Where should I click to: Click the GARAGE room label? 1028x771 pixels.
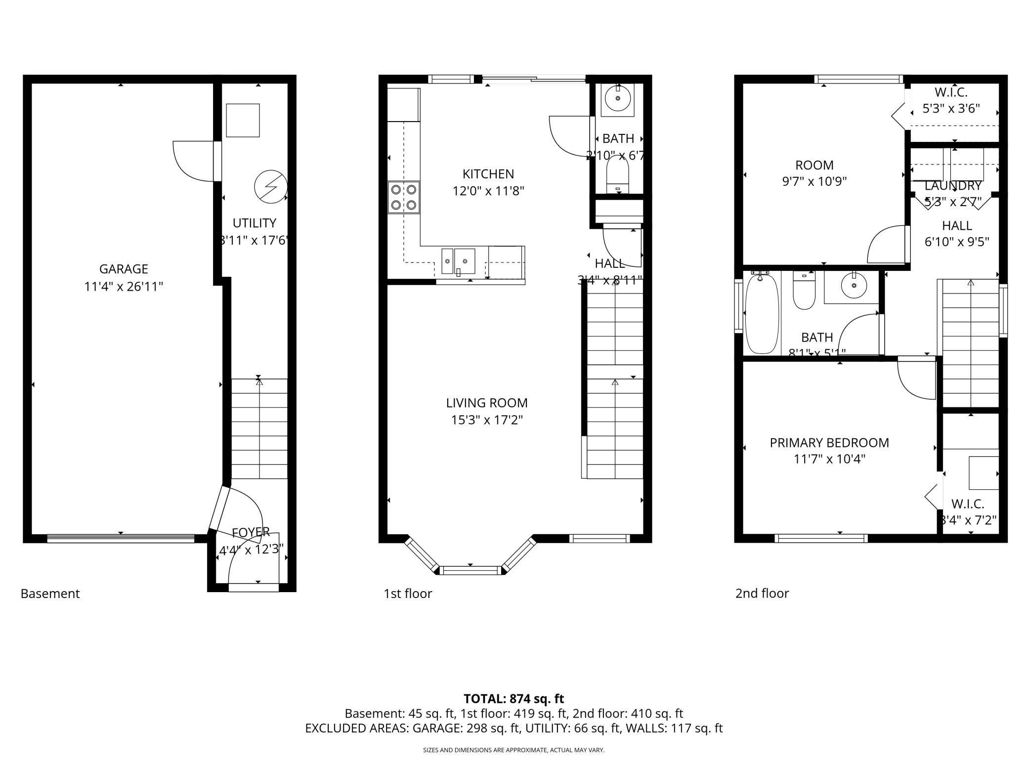click(x=124, y=269)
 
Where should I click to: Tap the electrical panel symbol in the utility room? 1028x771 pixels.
click(x=270, y=187)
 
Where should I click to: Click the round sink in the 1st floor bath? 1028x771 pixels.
click(x=618, y=99)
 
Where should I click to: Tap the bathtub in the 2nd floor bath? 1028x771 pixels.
click(x=762, y=314)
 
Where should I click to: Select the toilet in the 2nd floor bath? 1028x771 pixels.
click(x=804, y=292)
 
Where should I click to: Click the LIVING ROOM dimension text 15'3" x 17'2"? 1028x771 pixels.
click(x=487, y=420)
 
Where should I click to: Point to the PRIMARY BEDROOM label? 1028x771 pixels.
click(x=829, y=443)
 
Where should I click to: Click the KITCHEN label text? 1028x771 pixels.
click(x=488, y=174)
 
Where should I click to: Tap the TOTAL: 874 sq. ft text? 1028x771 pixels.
click(x=514, y=699)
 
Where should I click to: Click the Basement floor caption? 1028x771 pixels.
click(x=50, y=594)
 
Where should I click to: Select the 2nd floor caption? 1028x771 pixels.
click(x=762, y=594)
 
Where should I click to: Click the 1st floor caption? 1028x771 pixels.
click(x=408, y=594)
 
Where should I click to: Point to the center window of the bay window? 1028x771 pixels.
click(x=470, y=570)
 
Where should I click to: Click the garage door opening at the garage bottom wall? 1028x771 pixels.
click(x=121, y=539)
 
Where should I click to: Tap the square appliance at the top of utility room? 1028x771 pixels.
click(x=243, y=120)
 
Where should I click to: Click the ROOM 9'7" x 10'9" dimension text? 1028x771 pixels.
click(x=814, y=181)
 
